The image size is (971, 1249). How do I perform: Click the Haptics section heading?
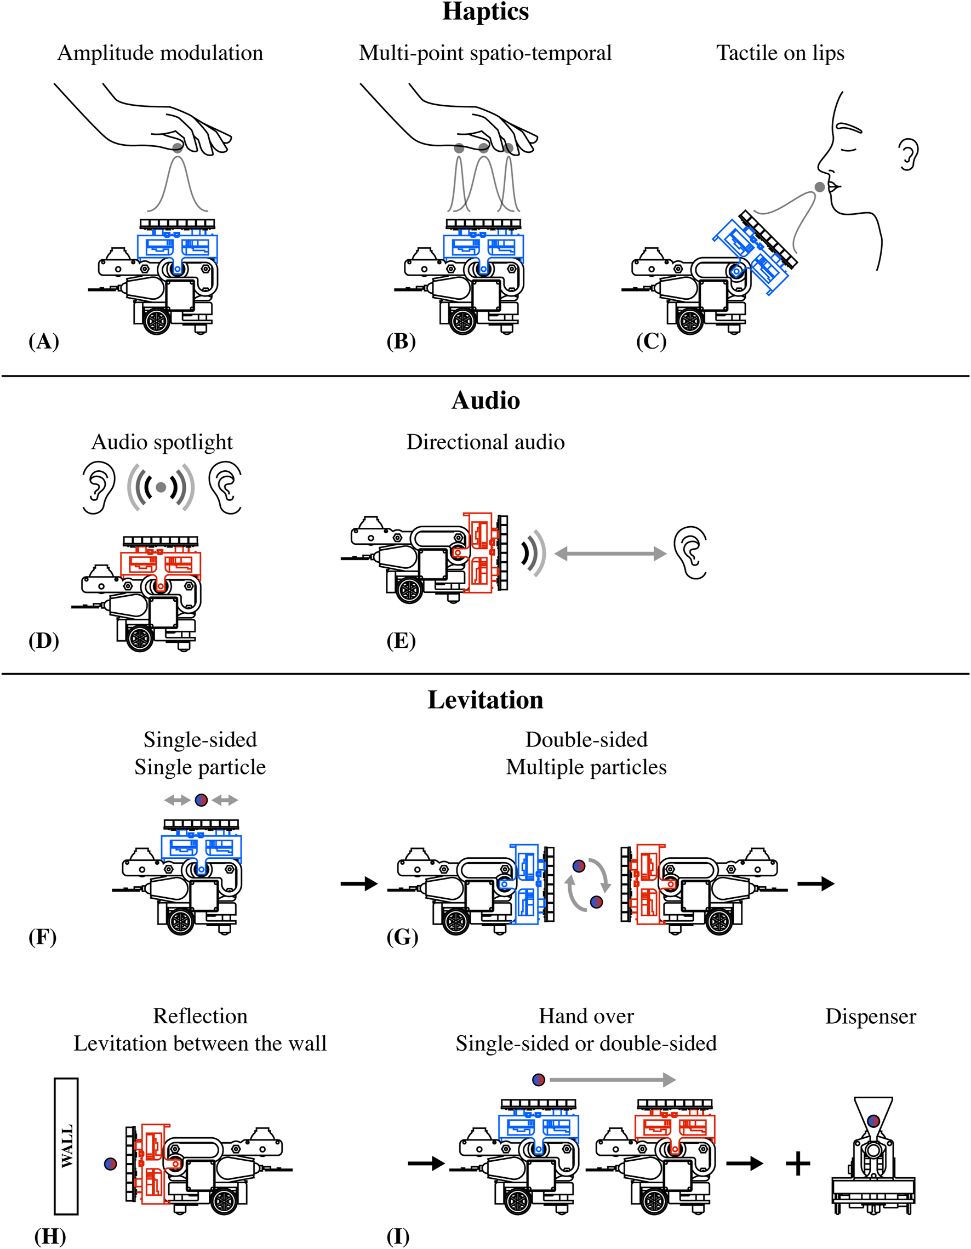pyautogui.click(x=485, y=12)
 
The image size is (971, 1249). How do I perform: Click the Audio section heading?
pyautogui.click(x=485, y=400)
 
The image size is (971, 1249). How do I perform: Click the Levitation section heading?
pyautogui.click(x=485, y=699)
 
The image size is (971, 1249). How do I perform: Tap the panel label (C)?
pyautogui.click(x=651, y=341)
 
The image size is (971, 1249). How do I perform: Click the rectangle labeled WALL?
pyautogui.click(x=66, y=1146)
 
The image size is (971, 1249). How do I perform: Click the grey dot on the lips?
pyautogui.click(x=819, y=187)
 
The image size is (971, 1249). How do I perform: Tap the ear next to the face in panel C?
pyautogui.click(x=907, y=154)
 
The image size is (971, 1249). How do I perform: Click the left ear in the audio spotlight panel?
pyautogui.click(x=98, y=487)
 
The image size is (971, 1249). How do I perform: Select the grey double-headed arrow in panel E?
pyautogui.click(x=610, y=553)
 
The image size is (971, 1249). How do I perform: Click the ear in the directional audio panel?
pyautogui.click(x=692, y=552)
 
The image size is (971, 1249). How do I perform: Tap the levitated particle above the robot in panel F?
pyautogui.click(x=201, y=800)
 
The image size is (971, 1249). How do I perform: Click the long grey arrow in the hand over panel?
pyautogui.click(x=612, y=1080)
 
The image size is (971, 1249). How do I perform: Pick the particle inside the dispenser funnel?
pyautogui.click(x=873, y=1121)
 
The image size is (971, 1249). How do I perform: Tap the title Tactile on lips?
pyautogui.click(x=780, y=53)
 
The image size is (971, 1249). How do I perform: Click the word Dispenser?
pyautogui.click(x=870, y=1016)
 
